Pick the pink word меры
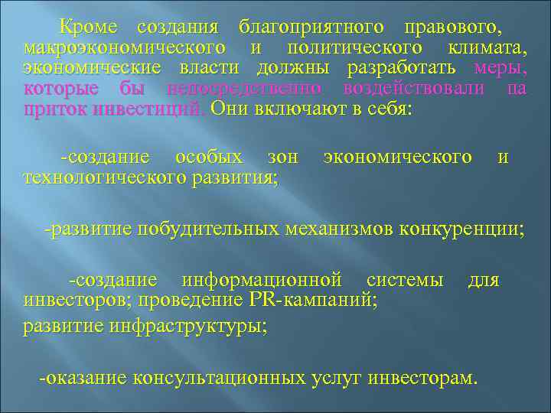click(500, 68)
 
